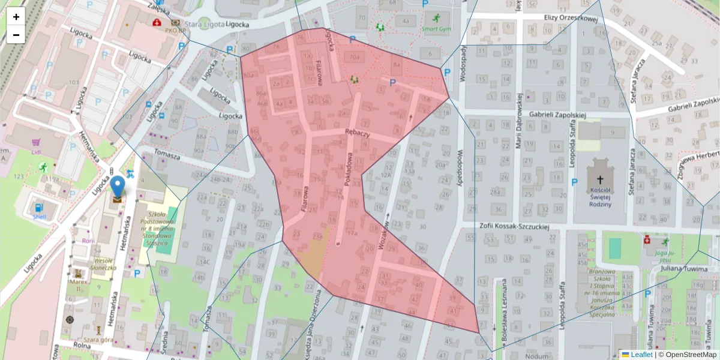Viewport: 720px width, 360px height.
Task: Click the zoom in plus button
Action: pyautogui.click(x=16, y=17)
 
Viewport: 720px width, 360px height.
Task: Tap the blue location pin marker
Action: pyautogui.click(x=118, y=188)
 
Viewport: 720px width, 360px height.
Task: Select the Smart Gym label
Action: pyautogui.click(x=436, y=29)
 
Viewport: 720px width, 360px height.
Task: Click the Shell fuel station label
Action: pyautogui.click(x=40, y=217)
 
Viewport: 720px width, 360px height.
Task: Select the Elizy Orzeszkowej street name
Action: pyautogui.click(x=571, y=18)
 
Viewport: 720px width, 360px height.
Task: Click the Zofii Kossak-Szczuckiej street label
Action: pyautogui.click(x=515, y=227)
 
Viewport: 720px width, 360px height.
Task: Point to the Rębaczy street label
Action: pyautogui.click(x=357, y=133)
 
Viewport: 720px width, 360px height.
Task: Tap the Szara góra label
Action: pyautogui.click(x=99, y=340)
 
